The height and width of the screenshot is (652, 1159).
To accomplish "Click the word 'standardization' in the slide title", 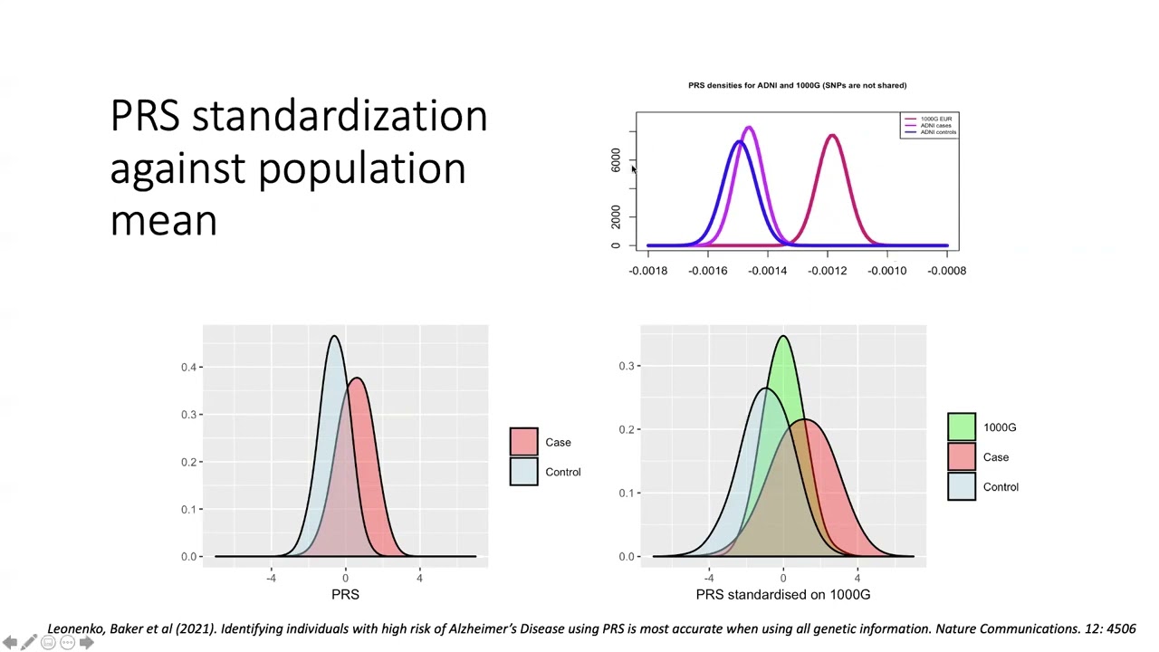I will tap(340, 117).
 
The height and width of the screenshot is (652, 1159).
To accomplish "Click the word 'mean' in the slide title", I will tap(163, 220).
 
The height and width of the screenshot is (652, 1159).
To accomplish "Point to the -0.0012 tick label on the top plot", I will tap(827, 270).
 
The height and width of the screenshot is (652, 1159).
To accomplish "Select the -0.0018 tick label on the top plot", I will tap(647, 270).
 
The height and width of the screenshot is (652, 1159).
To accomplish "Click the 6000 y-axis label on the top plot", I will tap(616, 160).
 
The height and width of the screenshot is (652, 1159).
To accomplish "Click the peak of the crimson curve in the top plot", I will tap(832, 136).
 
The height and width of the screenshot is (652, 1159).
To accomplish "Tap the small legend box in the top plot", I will tap(929, 125).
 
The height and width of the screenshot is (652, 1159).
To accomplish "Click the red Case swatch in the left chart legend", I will tap(523, 442).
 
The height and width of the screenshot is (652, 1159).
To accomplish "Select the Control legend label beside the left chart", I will tap(562, 472).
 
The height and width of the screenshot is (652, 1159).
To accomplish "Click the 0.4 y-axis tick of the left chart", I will tap(188, 367).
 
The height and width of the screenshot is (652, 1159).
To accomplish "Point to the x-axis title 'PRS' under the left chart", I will tap(345, 594).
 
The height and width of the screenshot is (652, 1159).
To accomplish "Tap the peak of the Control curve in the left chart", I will tap(334, 337).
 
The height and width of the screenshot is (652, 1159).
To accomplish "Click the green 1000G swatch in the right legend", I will tap(962, 427).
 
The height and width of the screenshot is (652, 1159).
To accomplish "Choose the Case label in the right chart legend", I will tap(995, 457).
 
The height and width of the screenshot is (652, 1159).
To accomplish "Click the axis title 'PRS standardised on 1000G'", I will tap(782, 594).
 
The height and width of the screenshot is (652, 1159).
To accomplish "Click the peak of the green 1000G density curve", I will tap(783, 337).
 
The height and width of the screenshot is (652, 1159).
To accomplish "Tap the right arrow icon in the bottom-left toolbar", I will tap(87, 642).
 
